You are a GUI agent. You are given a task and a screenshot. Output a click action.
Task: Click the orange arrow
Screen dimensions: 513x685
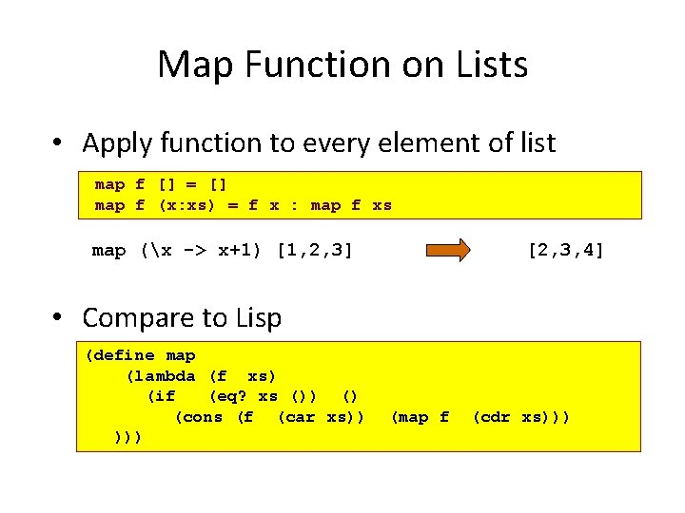447,251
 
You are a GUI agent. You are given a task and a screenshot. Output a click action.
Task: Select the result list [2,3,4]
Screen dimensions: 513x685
565,251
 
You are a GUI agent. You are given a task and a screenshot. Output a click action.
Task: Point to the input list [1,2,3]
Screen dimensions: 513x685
314,251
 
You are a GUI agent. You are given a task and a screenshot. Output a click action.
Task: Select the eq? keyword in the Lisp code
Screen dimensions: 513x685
229,396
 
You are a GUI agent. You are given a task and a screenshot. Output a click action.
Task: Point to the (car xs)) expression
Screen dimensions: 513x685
320,417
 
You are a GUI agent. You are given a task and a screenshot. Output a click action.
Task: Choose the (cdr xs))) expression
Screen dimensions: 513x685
520,417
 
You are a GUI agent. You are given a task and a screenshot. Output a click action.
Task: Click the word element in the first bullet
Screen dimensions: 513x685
428,143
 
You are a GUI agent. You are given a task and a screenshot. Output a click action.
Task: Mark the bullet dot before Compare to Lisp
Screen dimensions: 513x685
59,317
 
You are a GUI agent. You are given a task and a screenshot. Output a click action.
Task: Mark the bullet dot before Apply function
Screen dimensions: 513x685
59,143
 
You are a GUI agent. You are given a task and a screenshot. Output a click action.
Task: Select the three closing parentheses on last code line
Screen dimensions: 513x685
127,437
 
